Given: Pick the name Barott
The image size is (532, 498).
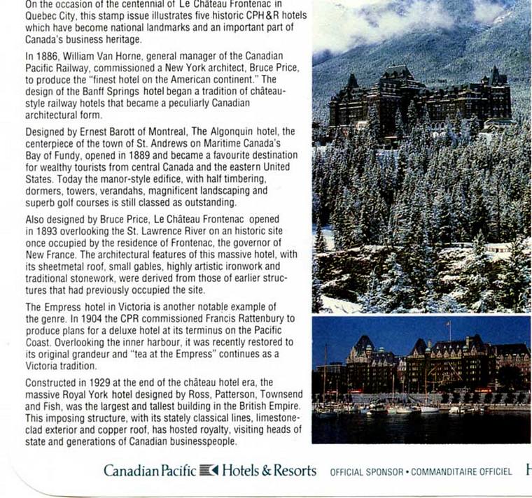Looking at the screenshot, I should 121,131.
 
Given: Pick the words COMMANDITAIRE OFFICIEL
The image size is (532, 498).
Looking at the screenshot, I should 461,472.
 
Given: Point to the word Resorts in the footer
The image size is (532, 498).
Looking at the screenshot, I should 294,471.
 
